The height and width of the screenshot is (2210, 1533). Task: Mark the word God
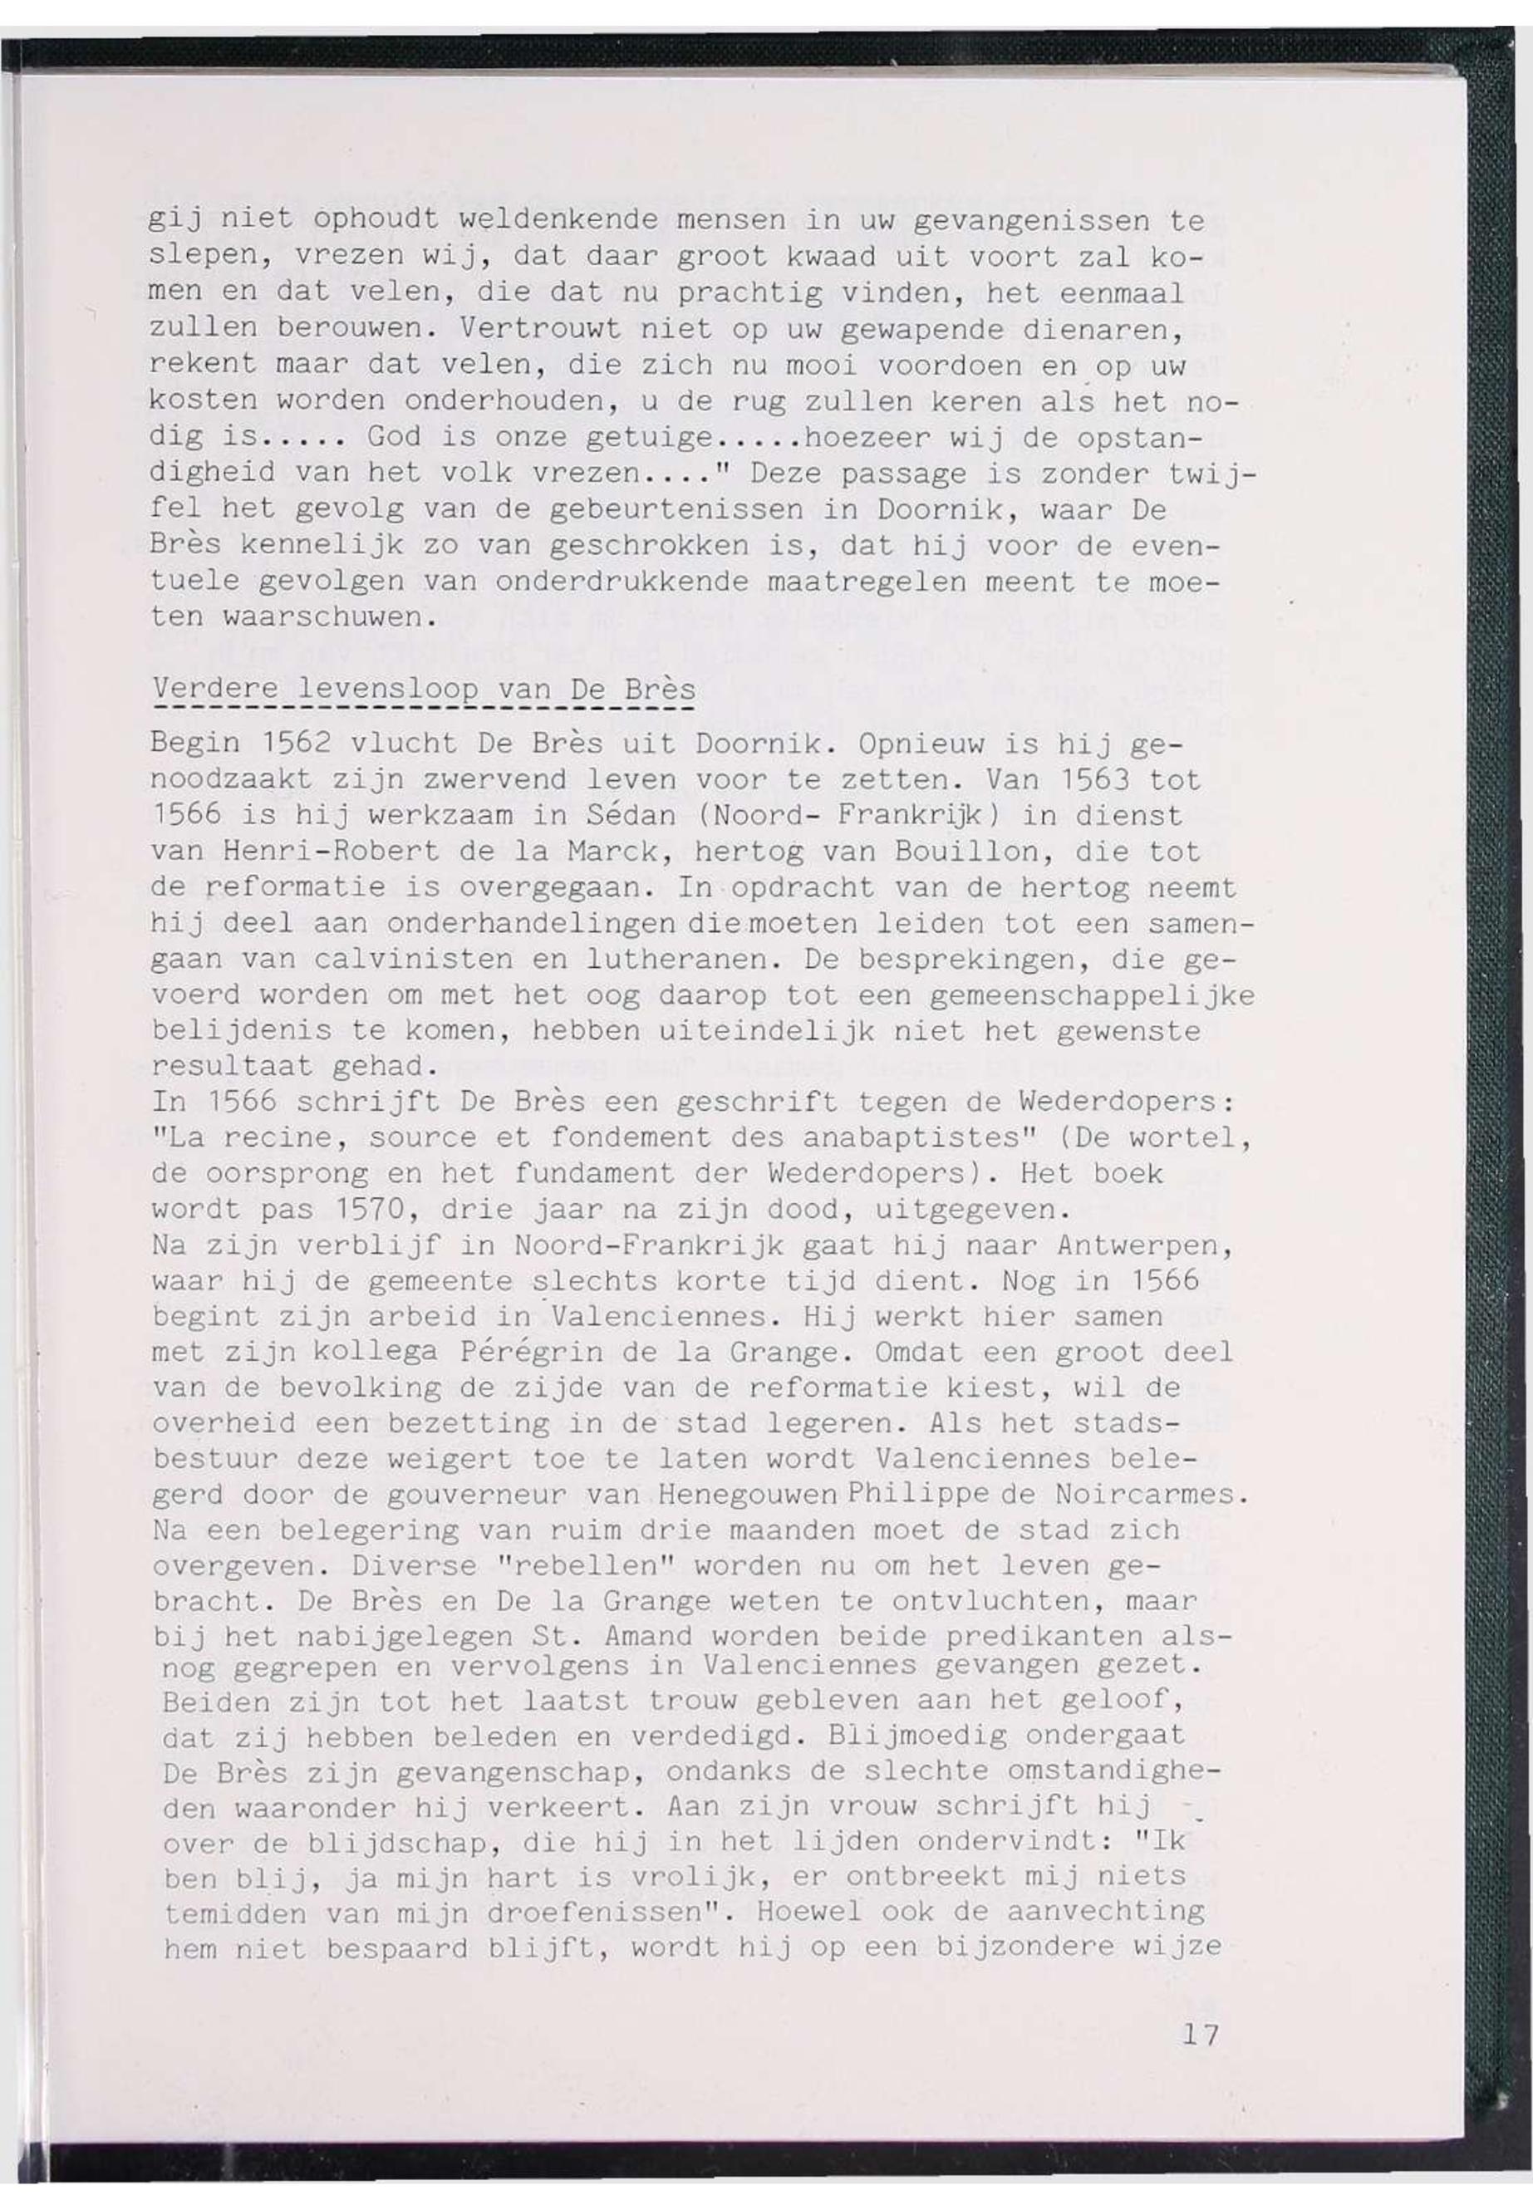[x=394, y=437]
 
